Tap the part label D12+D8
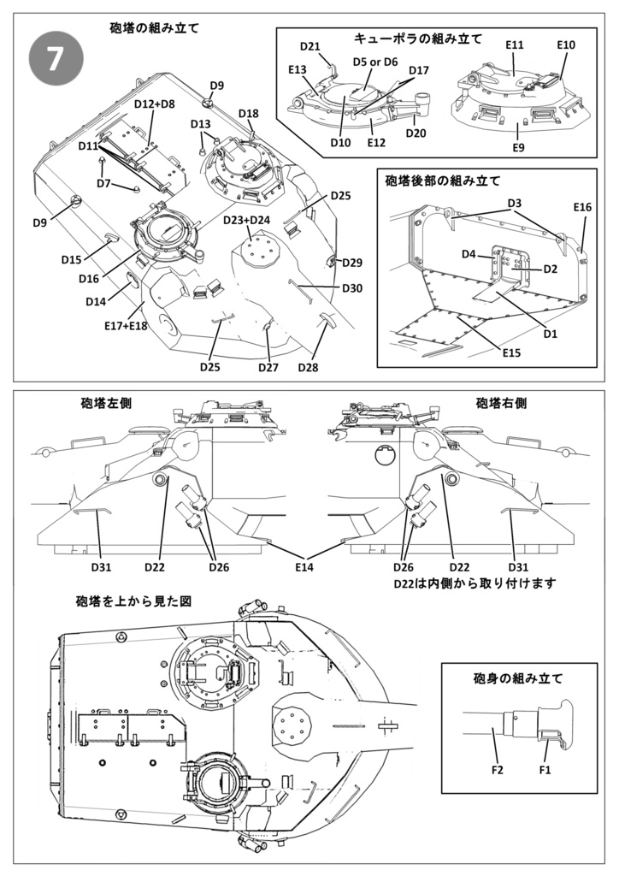tap(154, 104)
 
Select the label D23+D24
tap(246, 220)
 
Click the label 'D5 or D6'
tap(375, 62)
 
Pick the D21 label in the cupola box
tap(309, 45)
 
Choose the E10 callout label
tap(566, 44)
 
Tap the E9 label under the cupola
tap(519, 148)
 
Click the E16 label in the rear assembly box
tap(582, 208)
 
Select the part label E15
tap(511, 353)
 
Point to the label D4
tap(469, 254)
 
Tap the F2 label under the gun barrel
tap(498, 770)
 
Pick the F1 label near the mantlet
tap(545, 770)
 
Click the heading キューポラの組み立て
tap(417, 38)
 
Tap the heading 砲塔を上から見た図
tap(133, 601)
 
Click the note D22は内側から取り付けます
tap(475, 583)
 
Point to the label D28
tap(309, 367)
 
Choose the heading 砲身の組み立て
tap(518, 679)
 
